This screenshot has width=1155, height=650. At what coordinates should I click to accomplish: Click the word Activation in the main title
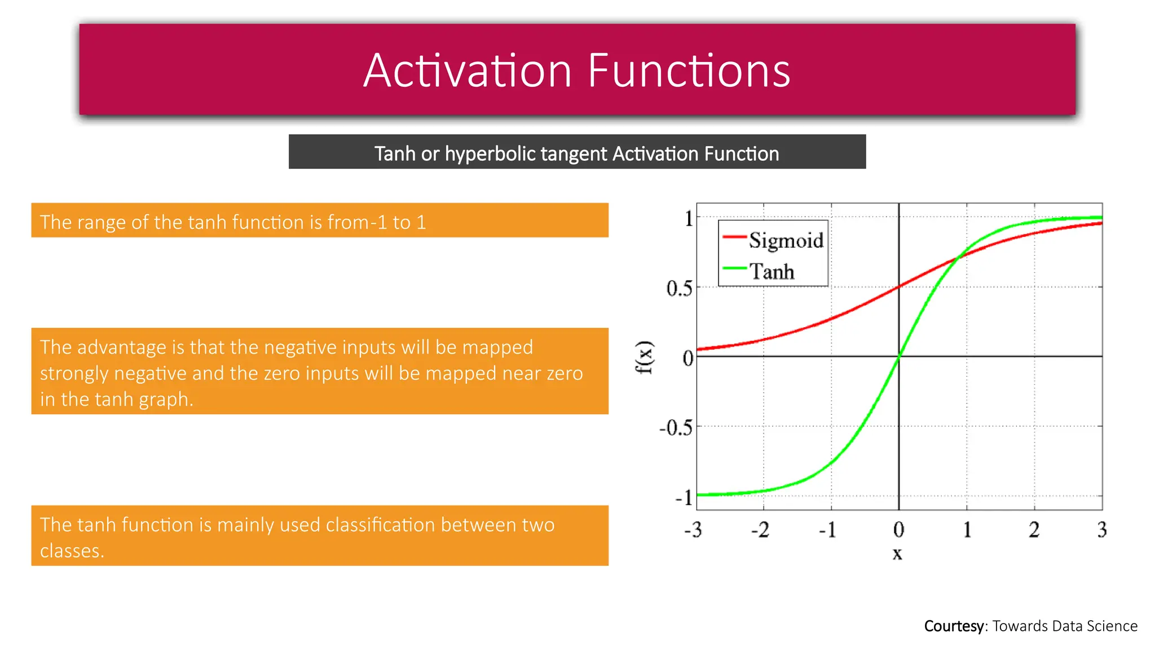(x=468, y=71)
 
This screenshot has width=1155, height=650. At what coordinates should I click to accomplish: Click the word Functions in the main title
(x=689, y=71)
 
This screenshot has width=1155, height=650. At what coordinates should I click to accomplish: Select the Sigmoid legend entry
(x=786, y=240)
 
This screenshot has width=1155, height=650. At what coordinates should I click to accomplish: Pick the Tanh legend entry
(x=772, y=272)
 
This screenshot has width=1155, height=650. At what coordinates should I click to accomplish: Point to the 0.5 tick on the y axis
(x=679, y=288)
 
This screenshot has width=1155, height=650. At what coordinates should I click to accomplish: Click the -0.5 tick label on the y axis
(x=676, y=428)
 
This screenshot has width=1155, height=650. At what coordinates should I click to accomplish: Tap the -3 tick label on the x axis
(x=693, y=530)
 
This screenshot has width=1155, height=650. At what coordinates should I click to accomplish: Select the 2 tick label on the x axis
(x=1034, y=530)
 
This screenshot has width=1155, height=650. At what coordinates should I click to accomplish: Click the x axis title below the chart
(x=897, y=554)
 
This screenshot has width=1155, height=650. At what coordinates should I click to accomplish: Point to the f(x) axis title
(x=644, y=358)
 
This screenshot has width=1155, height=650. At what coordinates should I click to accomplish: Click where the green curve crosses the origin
(x=899, y=356)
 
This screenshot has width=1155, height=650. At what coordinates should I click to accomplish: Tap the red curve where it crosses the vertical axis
(x=899, y=287)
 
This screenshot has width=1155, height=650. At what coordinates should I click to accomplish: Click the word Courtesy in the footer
(x=954, y=626)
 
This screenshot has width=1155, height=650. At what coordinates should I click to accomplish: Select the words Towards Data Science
(x=1065, y=626)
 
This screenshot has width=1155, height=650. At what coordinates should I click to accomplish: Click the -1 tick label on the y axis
(x=684, y=498)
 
